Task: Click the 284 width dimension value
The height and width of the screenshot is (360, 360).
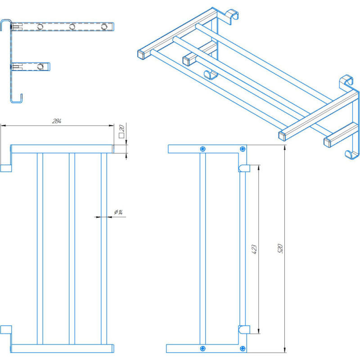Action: (x=56, y=121)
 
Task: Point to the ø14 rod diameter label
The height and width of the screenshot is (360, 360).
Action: (x=119, y=212)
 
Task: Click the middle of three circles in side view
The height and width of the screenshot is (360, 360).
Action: (x=72, y=27)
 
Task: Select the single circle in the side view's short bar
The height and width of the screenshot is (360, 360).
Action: (x=40, y=67)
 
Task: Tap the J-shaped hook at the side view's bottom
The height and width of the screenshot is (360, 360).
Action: (x=17, y=98)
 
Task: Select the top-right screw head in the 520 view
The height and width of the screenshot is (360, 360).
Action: (x=243, y=149)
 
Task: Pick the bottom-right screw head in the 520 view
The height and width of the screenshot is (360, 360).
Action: (x=243, y=348)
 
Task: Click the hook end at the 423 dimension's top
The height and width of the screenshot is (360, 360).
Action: (x=243, y=168)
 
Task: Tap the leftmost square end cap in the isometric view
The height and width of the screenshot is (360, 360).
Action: (x=141, y=54)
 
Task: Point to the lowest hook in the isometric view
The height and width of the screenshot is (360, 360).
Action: (x=350, y=154)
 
